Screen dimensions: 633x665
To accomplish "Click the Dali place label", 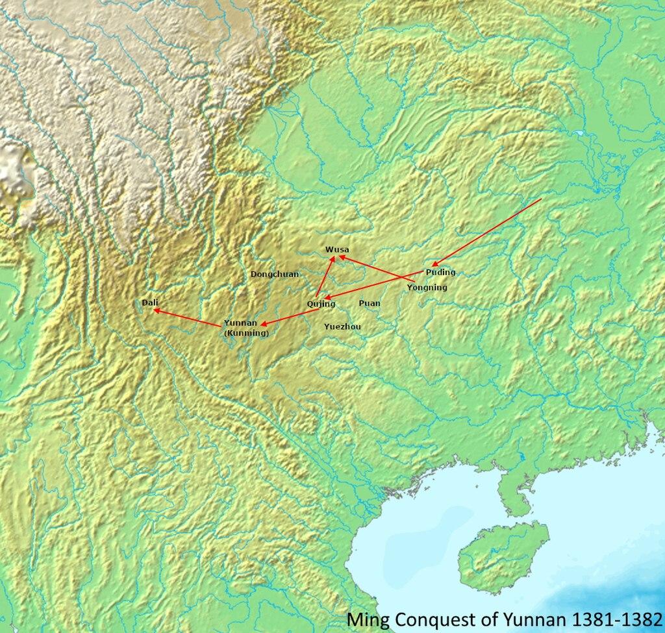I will tap(149, 303).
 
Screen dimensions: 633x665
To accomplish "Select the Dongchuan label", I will tap(275, 274).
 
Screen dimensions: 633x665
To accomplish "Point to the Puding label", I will tap(441, 272).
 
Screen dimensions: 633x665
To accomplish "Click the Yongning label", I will tap(427, 287).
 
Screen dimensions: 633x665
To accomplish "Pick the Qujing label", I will tap(321, 303).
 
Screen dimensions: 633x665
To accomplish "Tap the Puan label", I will tap(370, 303).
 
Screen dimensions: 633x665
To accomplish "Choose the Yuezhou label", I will tap(342, 327).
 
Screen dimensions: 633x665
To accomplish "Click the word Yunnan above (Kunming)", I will tap(240, 323).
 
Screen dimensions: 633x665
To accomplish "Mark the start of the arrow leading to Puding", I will tap(540, 199).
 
